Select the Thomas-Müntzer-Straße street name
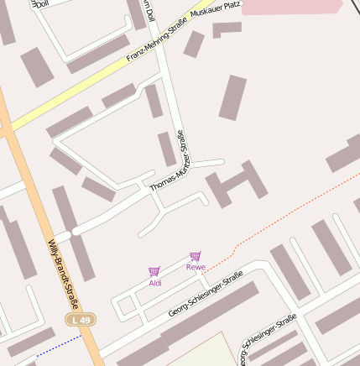(171, 163)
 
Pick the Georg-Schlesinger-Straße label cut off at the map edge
(267, 340)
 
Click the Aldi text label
(155, 284)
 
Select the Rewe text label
(196, 267)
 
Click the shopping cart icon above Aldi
(154, 271)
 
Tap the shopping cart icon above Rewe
(195, 255)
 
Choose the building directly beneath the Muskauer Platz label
(226, 29)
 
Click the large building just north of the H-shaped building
(232, 97)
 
